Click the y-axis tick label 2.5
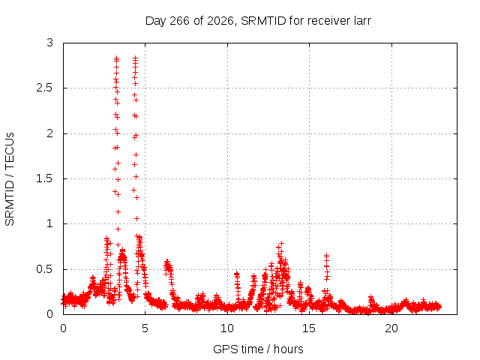point(44,88)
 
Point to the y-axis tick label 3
point(50,43)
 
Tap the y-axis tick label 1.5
point(44,178)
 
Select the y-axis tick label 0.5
point(44,269)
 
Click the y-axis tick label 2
point(50,133)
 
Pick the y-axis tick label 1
point(50,223)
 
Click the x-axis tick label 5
point(145,328)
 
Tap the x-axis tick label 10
point(227,328)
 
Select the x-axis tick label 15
point(309,328)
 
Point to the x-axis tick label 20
point(391,328)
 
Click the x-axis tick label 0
point(63,328)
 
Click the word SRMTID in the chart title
point(263,21)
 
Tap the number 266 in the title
point(180,21)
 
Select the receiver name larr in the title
point(362,21)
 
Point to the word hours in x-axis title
point(288,349)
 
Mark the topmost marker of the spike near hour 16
point(327,255)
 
